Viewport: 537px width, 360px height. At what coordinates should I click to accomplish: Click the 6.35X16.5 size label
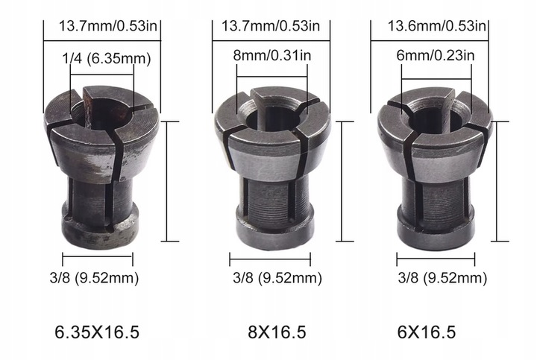point(98,331)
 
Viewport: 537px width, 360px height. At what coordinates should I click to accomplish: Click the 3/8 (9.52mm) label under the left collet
point(99,279)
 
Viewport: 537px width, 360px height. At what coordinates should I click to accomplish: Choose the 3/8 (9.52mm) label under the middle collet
point(271,279)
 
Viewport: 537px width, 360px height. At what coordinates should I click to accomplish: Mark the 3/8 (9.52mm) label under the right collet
point(436,279)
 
